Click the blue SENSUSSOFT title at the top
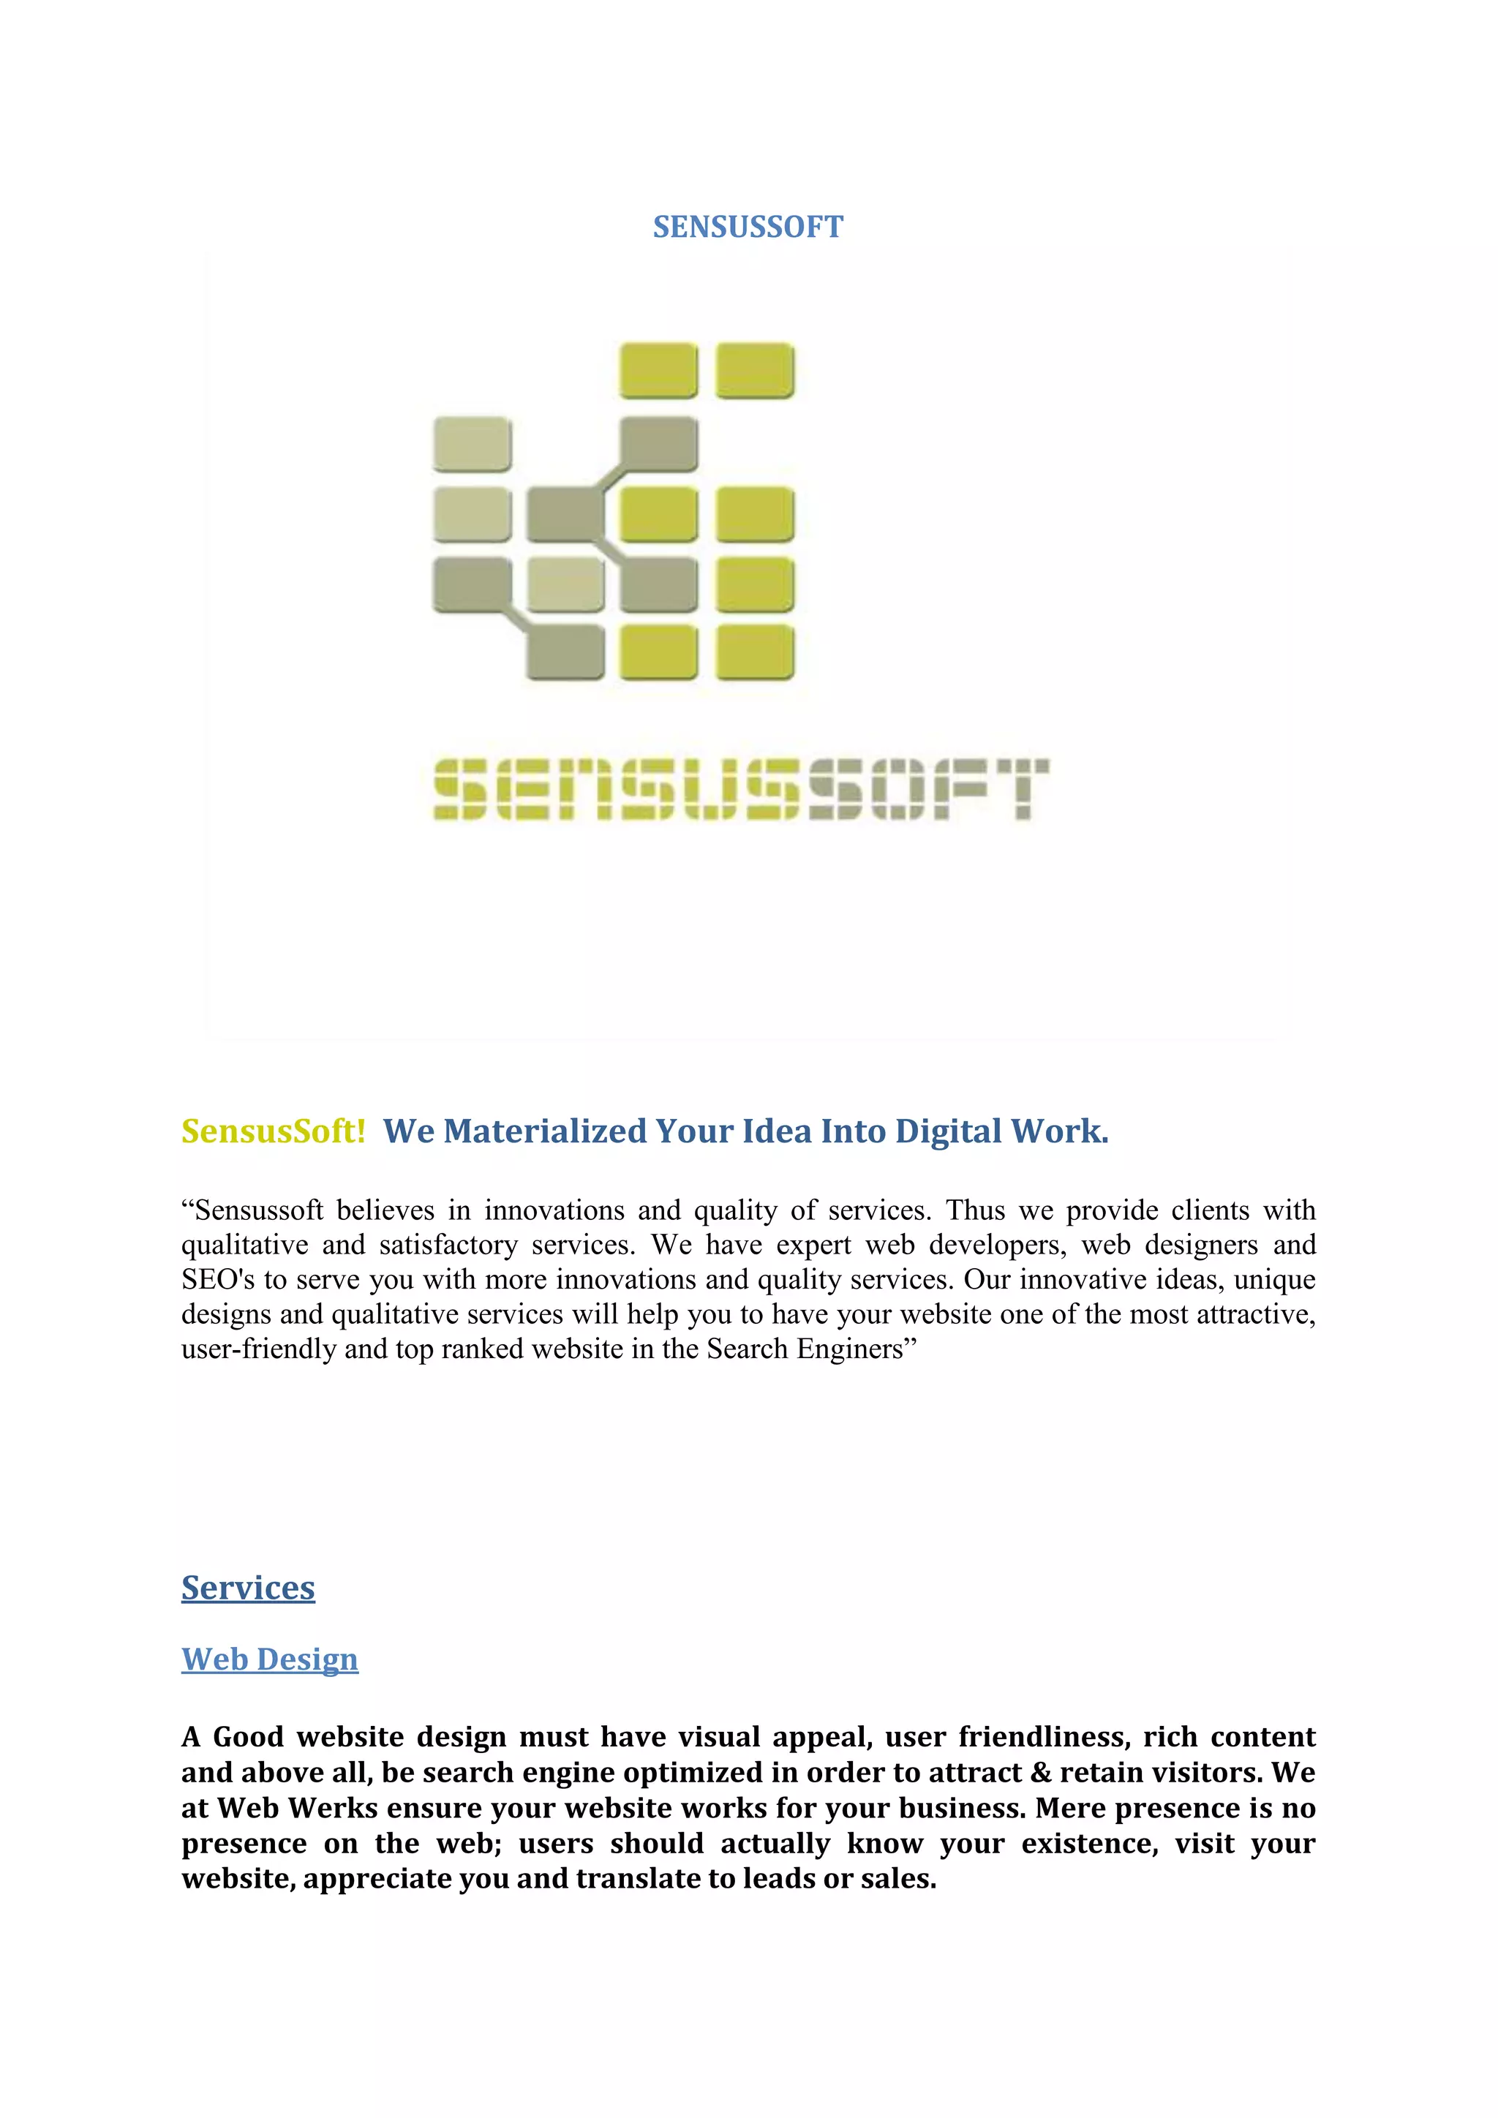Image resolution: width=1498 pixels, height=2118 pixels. [748, 227]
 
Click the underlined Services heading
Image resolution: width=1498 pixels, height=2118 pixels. [248, 1588]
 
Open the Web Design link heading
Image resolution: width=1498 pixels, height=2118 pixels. [269, 1659]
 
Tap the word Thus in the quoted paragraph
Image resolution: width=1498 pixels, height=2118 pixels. [975, 1210]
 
